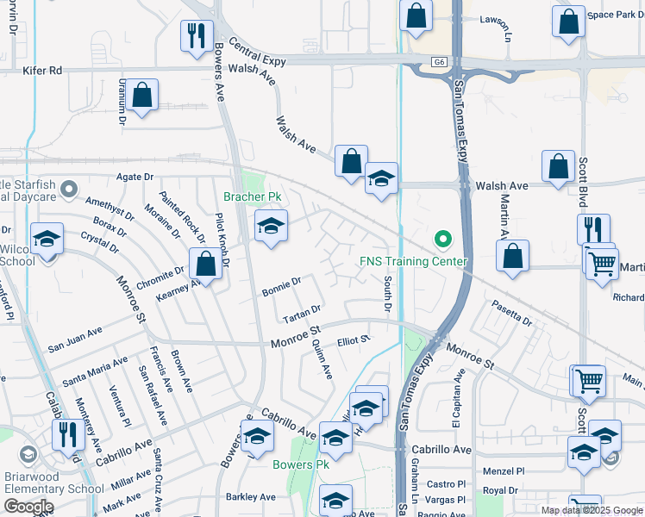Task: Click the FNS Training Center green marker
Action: click(443, 238)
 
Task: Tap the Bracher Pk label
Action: click(253, 197)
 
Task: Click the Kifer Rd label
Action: click(43, 70)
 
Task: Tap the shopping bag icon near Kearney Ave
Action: click(206, 264)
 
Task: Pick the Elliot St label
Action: click(354, 339)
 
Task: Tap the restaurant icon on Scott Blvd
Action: click(593, 229)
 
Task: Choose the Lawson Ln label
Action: click(496, 20)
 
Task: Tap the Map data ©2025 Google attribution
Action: click(591, 510)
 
